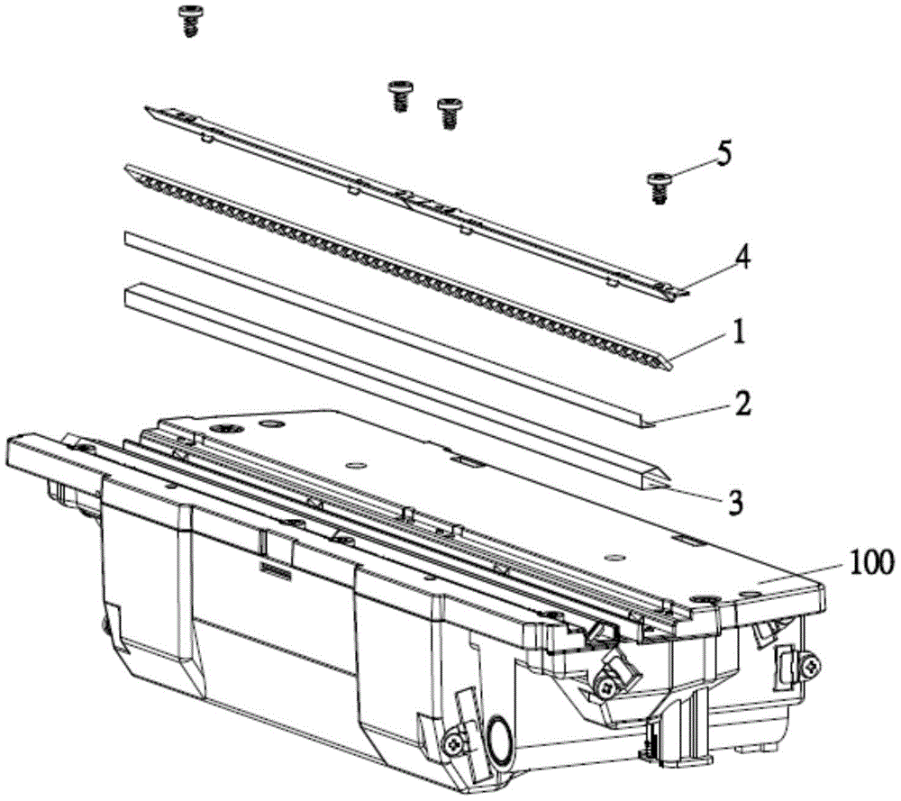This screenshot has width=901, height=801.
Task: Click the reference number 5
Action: tap(724, 155)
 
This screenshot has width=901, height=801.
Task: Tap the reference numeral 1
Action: tap(739, 332)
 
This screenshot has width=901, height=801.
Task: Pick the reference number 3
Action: tap(735, 502)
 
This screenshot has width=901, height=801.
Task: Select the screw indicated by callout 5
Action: tap(657, 187)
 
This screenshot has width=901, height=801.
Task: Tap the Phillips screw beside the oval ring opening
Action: tap(453, 744)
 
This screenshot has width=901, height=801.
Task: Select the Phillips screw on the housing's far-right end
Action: tap(812, 665)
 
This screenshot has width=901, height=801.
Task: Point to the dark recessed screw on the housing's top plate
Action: tap(224, 429)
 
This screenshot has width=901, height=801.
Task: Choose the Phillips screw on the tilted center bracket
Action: tap(605, 686)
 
